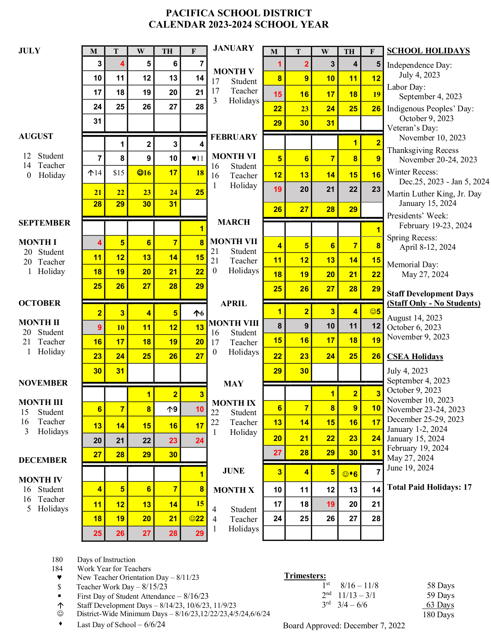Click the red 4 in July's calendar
117,64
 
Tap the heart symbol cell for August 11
194,158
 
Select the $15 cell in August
117,173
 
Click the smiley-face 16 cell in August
141,173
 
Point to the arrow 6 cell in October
194,313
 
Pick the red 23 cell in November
167,441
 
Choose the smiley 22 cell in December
194,519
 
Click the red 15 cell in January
274,94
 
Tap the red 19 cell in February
274,189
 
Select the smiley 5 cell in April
372,311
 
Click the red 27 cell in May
274,453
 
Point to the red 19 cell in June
325,504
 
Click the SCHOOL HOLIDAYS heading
428,51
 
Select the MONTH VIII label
234,323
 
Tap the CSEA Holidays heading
415,357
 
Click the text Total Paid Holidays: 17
429,487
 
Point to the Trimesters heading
305,576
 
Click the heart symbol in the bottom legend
59,578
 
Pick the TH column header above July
167,51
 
